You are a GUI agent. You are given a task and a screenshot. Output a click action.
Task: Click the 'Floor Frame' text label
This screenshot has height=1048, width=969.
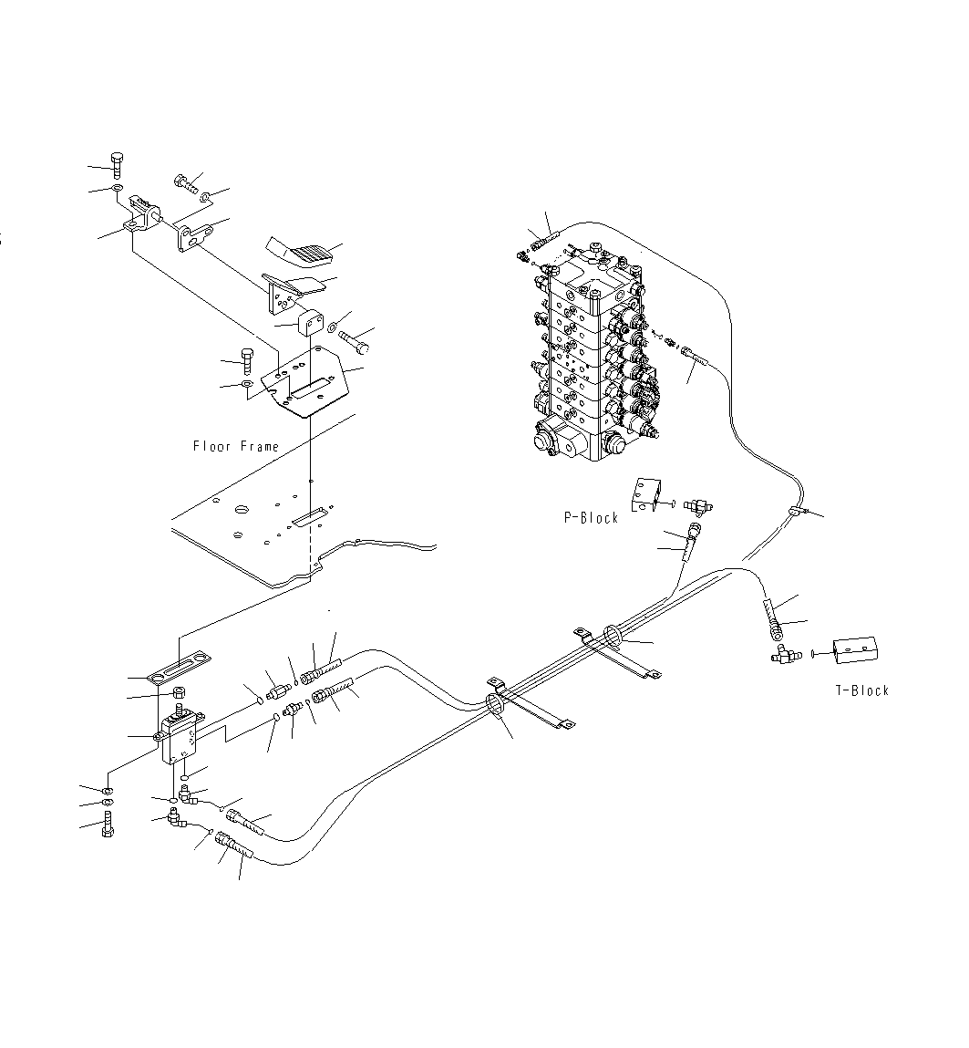(x=235, y=446)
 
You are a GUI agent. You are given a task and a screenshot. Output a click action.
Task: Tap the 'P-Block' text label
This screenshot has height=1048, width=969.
(x=590, y=518)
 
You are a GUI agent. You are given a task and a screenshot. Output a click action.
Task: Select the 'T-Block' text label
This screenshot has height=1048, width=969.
(x=861, y=690)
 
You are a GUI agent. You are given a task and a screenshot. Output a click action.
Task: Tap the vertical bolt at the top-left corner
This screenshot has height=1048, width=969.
(x=117, y=165)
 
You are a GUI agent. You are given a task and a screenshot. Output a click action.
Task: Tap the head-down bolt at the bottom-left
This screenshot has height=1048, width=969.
(x=108, y=831)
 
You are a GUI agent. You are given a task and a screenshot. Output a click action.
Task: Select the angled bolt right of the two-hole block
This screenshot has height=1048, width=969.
(x=353, y=340)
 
